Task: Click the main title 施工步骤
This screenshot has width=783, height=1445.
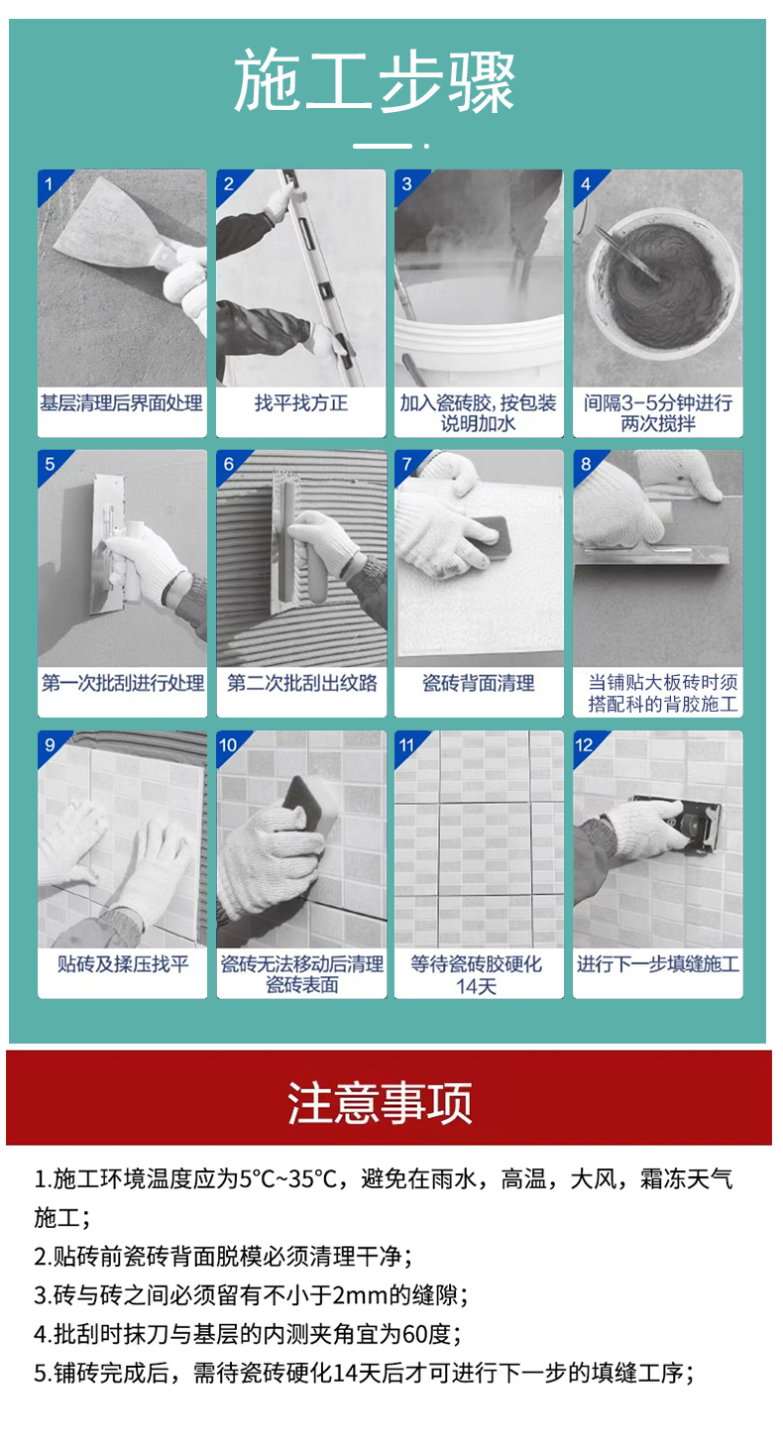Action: pos(375,81)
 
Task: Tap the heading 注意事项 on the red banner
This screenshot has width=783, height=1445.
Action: pos(380,1103)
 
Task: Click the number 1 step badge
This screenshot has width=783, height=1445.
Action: pos(49,184)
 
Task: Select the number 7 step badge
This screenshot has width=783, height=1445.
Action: pos(407,464)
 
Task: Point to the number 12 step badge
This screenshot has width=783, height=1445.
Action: pos(585,745)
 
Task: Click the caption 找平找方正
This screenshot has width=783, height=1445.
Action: pos(301,403)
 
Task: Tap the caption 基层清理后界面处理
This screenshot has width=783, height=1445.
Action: pos(121,403)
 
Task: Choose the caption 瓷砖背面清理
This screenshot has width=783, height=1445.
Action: pos(479,683)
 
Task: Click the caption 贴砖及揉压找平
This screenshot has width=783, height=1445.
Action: pos(123,963)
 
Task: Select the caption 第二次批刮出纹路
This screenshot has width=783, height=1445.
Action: pos(302,683)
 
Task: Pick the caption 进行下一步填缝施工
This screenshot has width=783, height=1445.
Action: pos(658,963)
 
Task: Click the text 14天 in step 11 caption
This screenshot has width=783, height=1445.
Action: pos(476,986)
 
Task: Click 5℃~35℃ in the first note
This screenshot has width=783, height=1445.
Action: pos(288,1179)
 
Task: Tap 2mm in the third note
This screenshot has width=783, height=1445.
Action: pos(355,1294)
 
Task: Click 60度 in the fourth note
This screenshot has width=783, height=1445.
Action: pos(426,1333)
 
